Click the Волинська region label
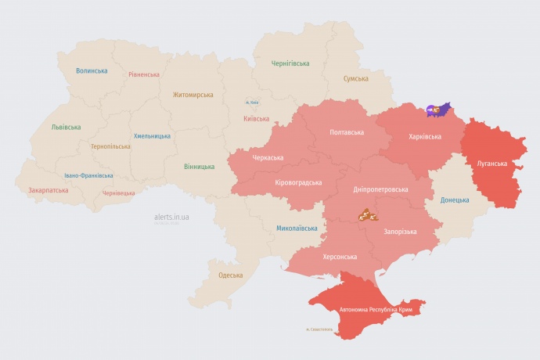point(92,70)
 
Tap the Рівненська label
point(144,74)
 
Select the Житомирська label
point(193,95)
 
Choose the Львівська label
point(66,127)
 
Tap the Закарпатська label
point(48,190)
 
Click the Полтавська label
point(347,132)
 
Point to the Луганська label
point(491,164)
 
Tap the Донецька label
point(455,200)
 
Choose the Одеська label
point(230,275)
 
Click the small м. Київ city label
point(252,103)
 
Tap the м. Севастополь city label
point(319,329)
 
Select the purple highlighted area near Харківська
point(438,110)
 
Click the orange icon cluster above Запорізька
point(369,214)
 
